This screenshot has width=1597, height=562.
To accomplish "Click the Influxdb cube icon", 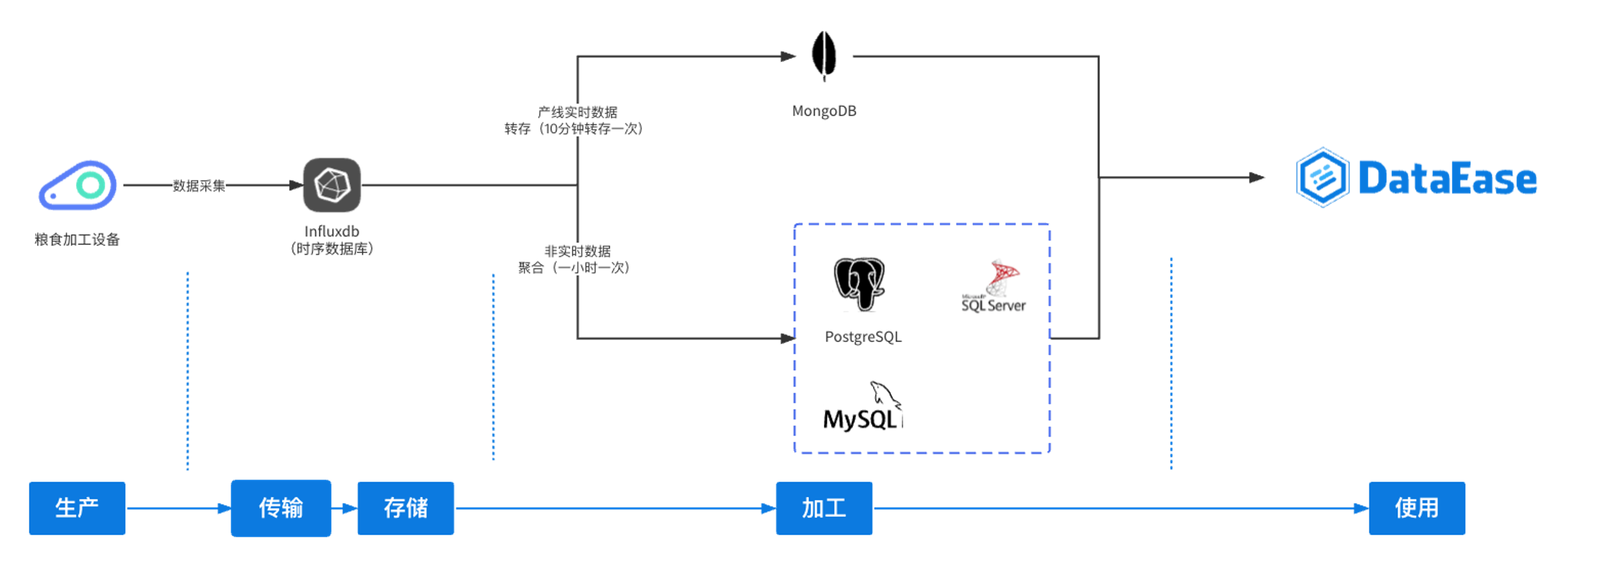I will pyautogui.click(x=331, y=185).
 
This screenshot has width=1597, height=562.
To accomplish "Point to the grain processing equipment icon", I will pyautogui.click(x=78, y=185).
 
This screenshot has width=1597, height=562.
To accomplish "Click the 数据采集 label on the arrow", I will pyautogui.click(x=199, y=185).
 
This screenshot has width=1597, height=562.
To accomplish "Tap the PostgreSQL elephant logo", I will pyautogui.click(x=859, y=284).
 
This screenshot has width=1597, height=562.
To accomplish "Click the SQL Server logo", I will pyautogui.click(x=994, y=287).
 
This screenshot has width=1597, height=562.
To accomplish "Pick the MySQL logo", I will pyautogui.click(x=862, y=407).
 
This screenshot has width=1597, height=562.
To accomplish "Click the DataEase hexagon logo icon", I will pyautogui.click(x=1322, y=177).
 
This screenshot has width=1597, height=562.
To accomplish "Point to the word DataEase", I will pyautogui.click(x=1447, y=178).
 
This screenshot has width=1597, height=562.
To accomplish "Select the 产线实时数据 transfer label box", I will pyautogui.click(x=577, y=120).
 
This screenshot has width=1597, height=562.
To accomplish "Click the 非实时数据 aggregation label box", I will pyautogui.click(x=577, y=259).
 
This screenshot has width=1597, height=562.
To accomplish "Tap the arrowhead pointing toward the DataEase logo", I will pyautogui.click(x=1257, y=178).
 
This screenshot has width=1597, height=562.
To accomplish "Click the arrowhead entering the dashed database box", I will pyautogui.click(x=787, y=338).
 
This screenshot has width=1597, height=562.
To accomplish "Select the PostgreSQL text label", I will pyautogui.click(x=863, y=337).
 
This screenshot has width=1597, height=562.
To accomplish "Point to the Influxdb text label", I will pyautogui.click(x=331, y=231).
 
